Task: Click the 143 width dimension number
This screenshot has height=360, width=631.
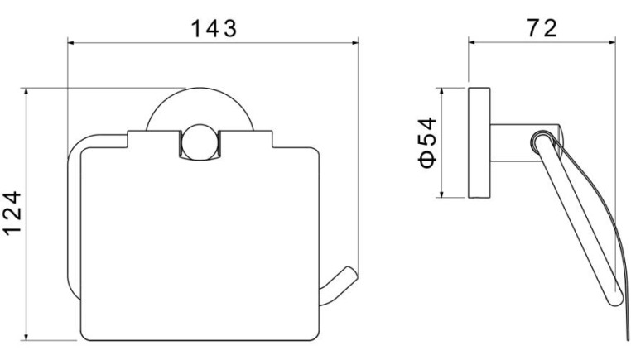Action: [214, 29]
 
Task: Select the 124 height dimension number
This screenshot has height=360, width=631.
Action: [13, 214]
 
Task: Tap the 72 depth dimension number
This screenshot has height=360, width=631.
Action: [542, 28]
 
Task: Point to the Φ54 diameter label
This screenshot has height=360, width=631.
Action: [427, 142]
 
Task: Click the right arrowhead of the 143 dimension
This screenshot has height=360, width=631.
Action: [354, 42]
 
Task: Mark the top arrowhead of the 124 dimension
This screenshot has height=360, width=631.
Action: [26, 92]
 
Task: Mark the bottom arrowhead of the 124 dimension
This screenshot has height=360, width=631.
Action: [26, 336]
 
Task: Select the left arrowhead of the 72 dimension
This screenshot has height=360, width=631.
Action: [473, 42]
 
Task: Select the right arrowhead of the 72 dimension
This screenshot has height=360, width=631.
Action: [611, 42]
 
